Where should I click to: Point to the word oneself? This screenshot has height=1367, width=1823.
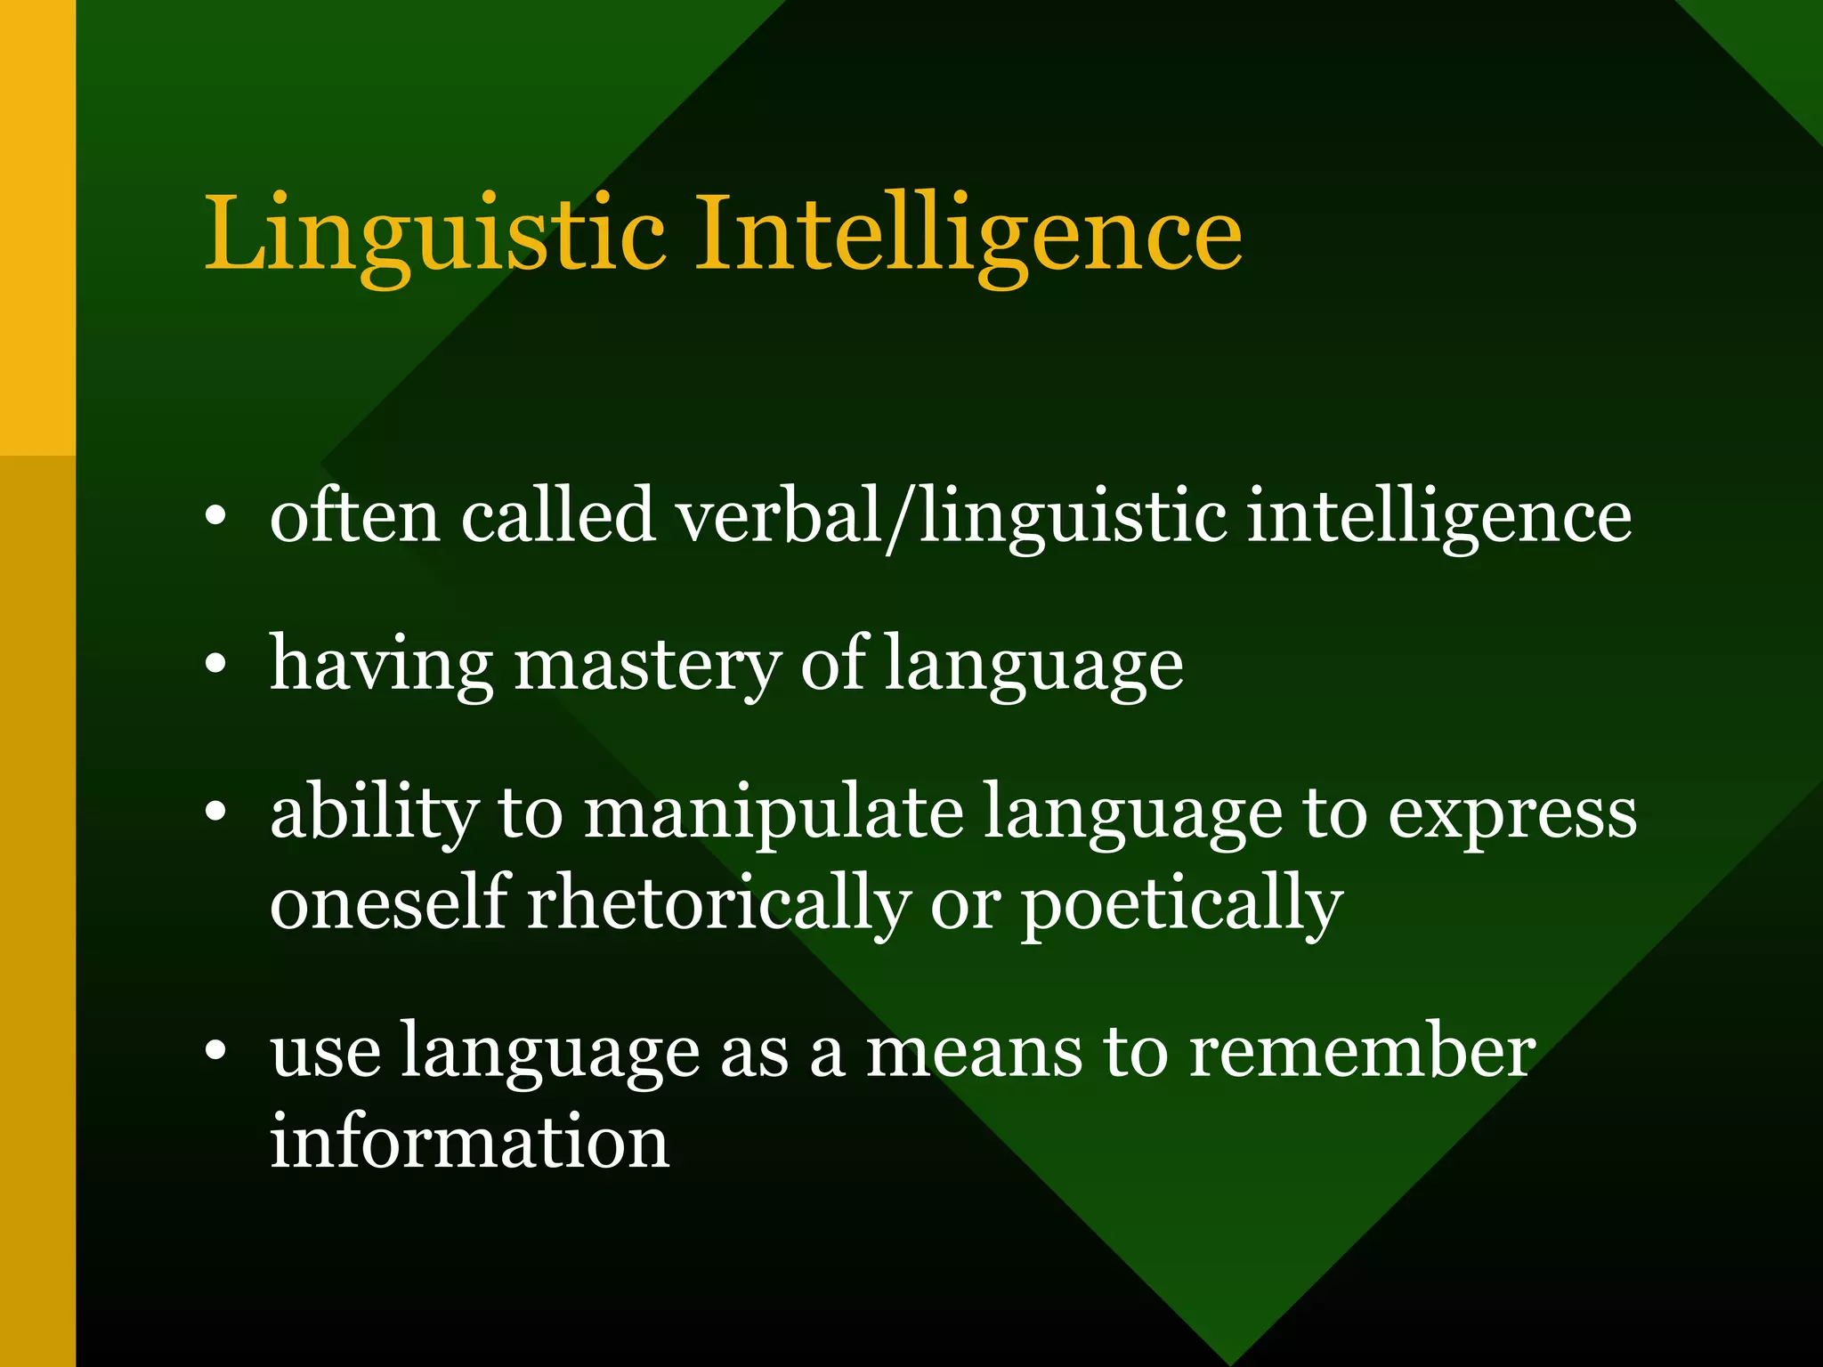coord(389,903)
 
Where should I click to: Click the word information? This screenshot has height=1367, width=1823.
coord(469,1141)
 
